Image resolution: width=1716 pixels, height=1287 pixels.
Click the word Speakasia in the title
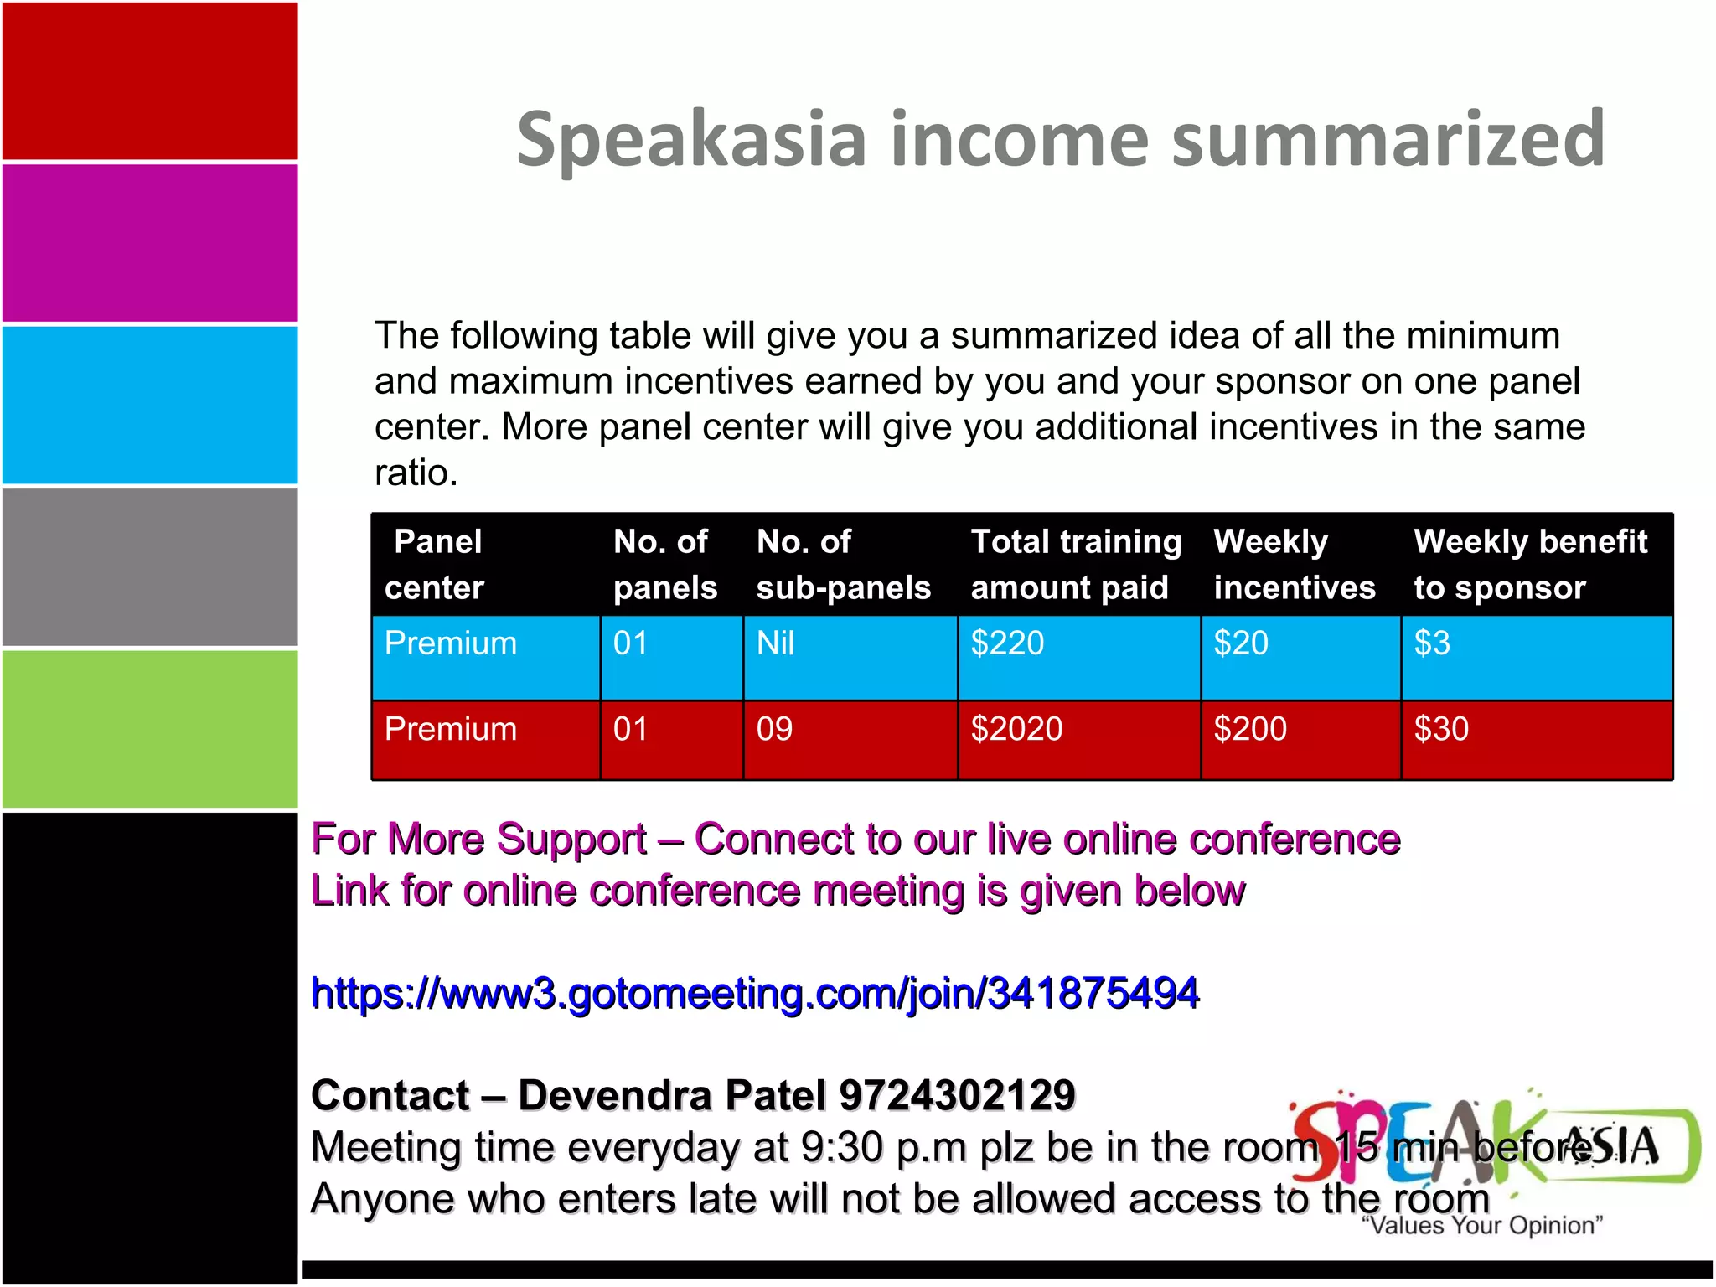(691, 140)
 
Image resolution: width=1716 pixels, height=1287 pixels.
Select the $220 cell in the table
(1007, 643)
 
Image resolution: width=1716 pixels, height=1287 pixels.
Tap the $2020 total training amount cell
(1016, 729)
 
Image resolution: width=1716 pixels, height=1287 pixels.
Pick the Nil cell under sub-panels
(775, 643)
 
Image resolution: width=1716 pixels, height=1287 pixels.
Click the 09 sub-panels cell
(774, 729)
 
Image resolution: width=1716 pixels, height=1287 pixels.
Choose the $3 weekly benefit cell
(1432, 643)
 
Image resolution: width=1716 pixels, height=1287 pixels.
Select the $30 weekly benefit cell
(1441, 729)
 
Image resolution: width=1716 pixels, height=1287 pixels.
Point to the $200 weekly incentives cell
(1250, 729)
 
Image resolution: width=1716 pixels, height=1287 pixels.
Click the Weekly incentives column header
(1295, 565)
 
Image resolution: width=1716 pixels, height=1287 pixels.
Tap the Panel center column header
(436, 565)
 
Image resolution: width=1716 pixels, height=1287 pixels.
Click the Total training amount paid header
(1076, 565)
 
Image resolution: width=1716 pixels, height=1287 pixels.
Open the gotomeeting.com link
(755, 994)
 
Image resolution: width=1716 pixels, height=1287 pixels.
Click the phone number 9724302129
(957, 1095)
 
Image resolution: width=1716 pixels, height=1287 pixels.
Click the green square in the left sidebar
(150, 729)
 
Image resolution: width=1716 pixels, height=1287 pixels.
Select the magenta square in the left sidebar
(150, 243)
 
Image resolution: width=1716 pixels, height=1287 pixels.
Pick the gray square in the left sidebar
(150, 567)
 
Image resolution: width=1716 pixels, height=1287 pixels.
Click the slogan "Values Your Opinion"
(1482, 1226)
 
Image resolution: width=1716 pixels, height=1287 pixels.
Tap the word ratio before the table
(415, 473)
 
